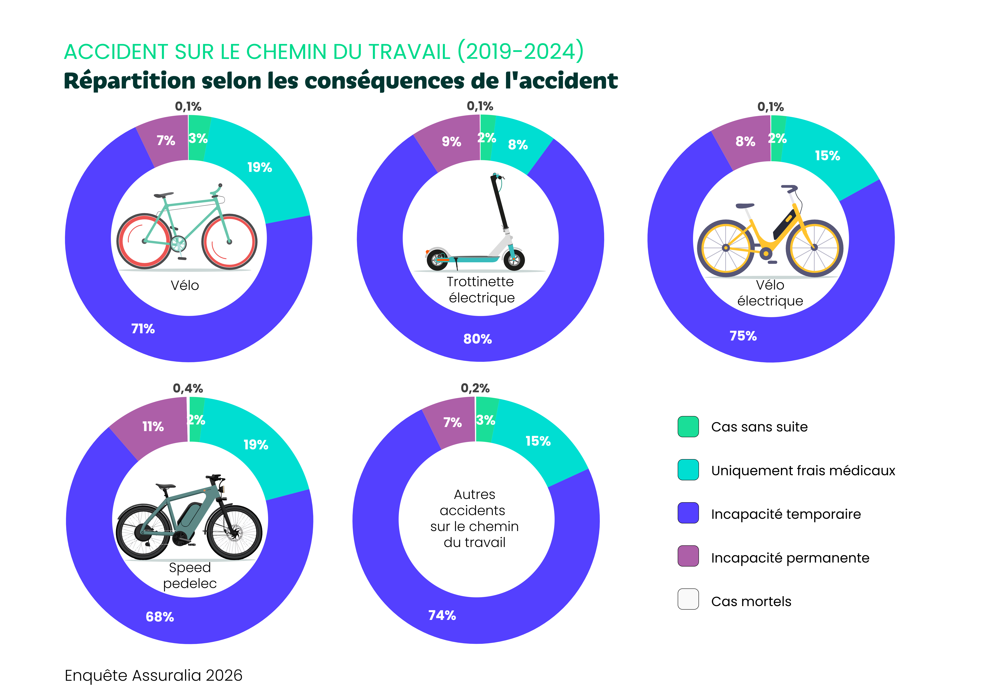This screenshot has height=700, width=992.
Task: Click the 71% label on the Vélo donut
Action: click(143, 329)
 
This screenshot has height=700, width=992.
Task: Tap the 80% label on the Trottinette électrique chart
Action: click(477, 339)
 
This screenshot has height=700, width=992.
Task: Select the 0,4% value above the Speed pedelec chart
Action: click(188, 388)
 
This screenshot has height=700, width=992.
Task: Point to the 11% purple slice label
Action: click(153, 427)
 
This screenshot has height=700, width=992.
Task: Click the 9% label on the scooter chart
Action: click(451, 142)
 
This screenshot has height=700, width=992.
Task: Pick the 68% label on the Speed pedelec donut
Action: click(160, 617)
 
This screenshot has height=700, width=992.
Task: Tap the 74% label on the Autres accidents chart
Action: click(442, 615)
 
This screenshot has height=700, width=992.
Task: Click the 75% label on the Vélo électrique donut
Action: click(743, 336)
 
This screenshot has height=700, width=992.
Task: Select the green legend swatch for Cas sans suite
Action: click(688, 427)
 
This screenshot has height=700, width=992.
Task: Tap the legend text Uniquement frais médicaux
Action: click(803, 470)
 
